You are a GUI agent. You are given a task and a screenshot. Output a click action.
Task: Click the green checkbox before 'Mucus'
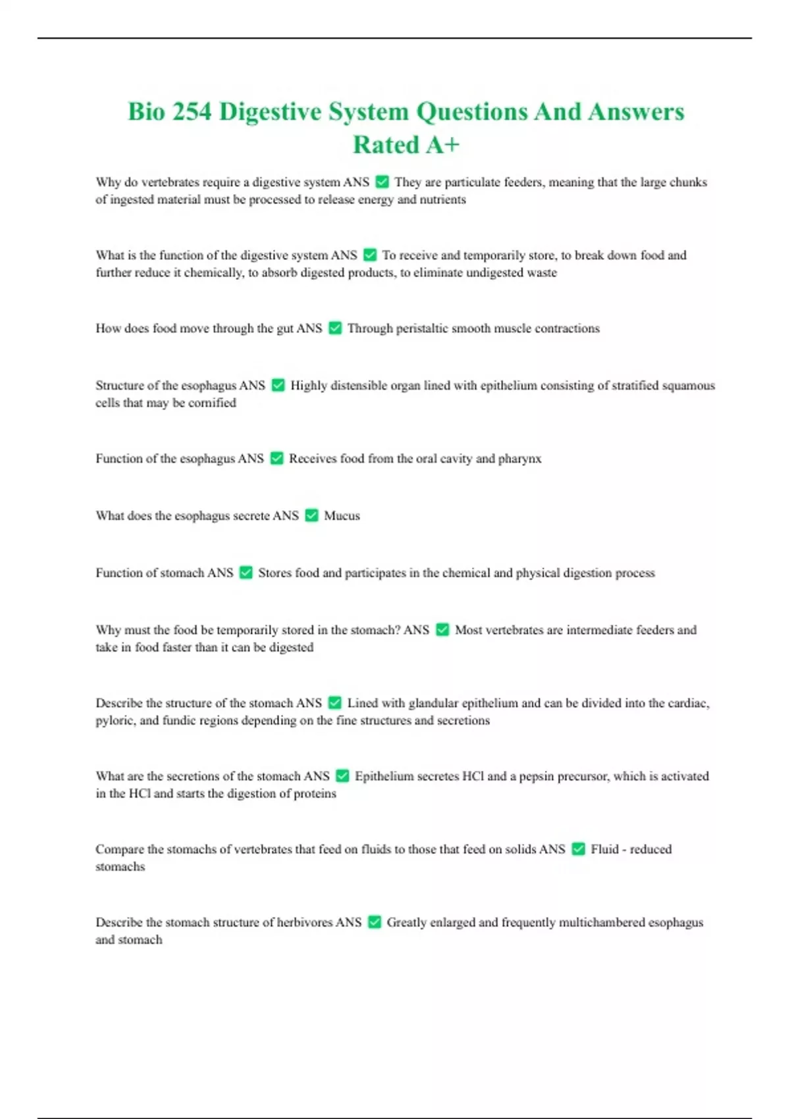click(312, 515)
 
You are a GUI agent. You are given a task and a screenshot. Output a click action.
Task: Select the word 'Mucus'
click(342, 515)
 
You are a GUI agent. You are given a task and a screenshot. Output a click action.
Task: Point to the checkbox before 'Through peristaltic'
click(335, 328)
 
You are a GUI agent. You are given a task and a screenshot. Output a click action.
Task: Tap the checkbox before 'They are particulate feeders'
click(382, 182)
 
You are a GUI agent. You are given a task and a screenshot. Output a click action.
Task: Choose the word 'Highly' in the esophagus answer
click(309, 385)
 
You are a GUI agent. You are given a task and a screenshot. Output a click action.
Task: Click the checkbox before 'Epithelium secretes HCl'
click(342, 776)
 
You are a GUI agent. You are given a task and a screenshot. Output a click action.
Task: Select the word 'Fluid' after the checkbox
click(604, 849)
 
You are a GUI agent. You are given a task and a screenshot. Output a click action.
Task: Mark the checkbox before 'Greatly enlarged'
click(375, 922)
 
